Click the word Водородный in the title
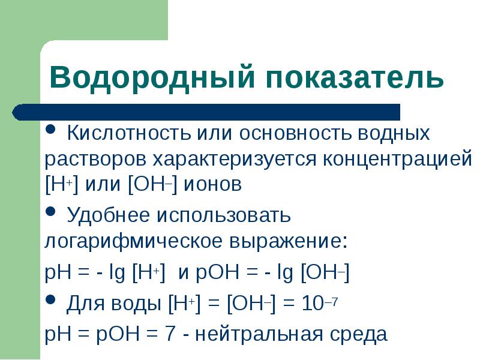click(152, 78)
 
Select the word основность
click(294, 133)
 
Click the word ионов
click(212, 185)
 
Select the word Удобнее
click(108, 215)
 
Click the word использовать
click(223, 215)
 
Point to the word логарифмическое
click(133, 242)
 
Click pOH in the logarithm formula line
click(217, 272)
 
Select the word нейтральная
click(259, 334)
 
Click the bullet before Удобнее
click(50, 211)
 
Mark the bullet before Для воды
click(50, 299)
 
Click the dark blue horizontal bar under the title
click(206, 112)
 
